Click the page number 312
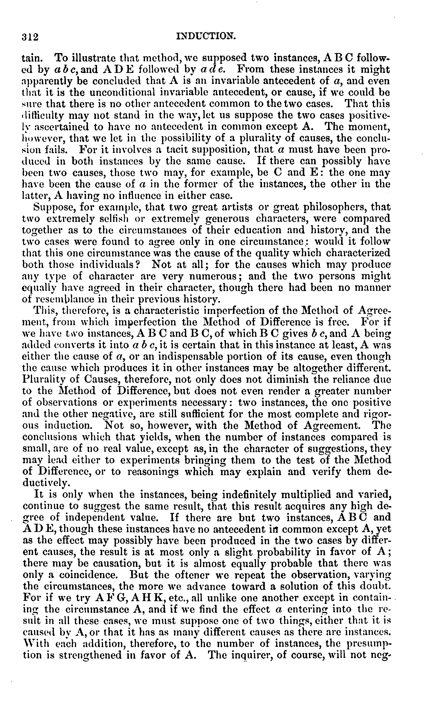tap(30, 37)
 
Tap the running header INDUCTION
tap(206, 36)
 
